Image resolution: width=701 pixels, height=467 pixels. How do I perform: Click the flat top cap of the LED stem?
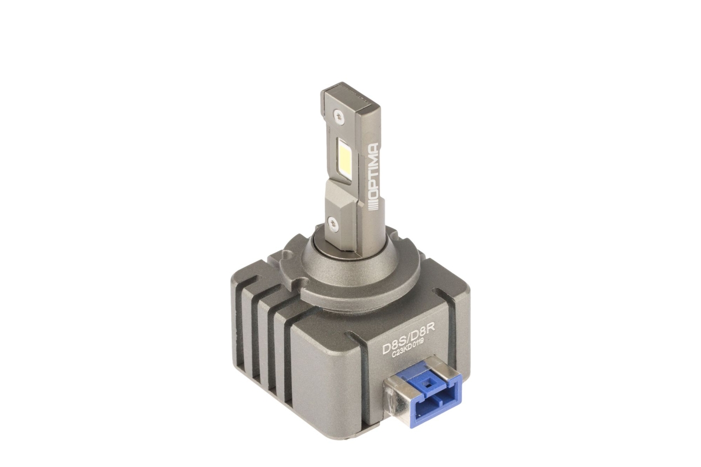point(351,96)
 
